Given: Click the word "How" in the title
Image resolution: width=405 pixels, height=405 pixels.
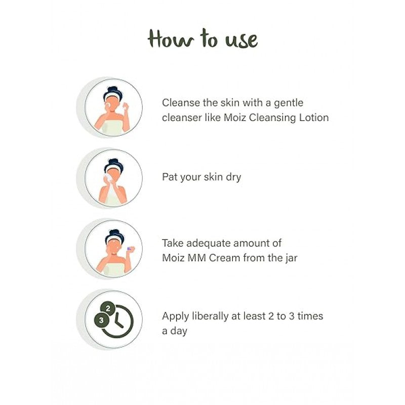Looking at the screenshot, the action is tap(171, 39).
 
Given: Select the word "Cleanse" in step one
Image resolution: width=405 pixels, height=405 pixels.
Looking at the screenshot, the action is tap(181, 103).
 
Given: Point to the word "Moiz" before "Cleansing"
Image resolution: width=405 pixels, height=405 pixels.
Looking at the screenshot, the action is tap(235, 117).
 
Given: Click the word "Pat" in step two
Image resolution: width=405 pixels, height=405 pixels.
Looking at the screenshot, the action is tap(170, 177).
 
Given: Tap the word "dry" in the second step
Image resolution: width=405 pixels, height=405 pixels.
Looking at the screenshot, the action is tap(233, 178).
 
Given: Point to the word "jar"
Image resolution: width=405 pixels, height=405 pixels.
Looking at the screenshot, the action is tap(292, 258).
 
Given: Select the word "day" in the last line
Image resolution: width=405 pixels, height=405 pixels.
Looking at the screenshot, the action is tap(179, 332).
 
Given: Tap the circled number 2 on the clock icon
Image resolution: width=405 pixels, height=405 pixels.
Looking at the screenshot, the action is tap(108, 308).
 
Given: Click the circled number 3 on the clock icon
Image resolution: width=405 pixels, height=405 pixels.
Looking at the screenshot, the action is tap(101, 320).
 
